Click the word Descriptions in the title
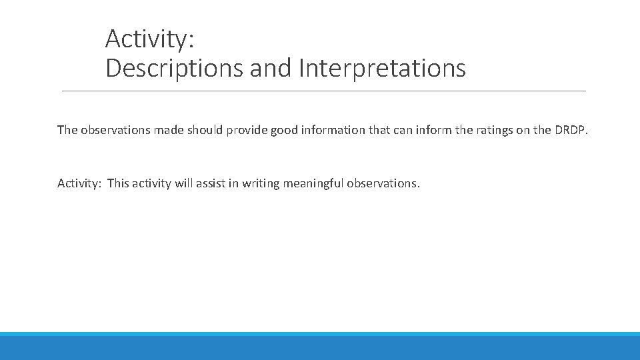174,69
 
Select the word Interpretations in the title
383,69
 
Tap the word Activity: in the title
149,39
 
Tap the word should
205,130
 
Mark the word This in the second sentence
118,183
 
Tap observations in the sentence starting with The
115,130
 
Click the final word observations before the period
382,183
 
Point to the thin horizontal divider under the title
323,91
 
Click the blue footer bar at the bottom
320,347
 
